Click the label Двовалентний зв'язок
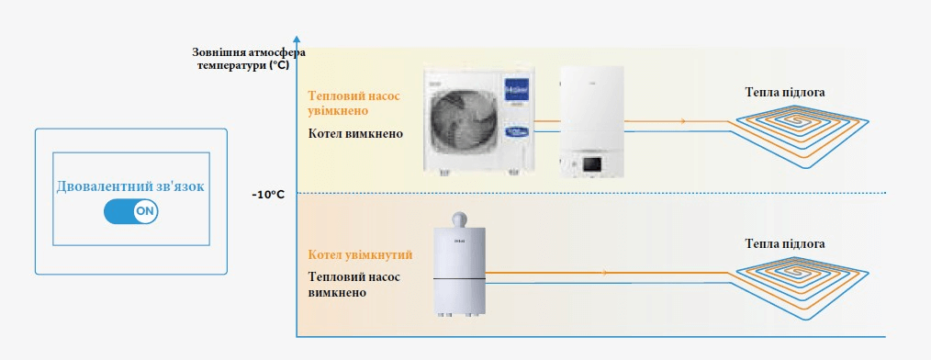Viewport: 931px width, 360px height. pos(130,186)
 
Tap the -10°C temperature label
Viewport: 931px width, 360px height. pos(269,194)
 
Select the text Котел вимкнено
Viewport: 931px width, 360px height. pos(354,133)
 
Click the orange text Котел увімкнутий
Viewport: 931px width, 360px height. pos(359,253)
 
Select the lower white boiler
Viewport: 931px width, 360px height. pos(458,266)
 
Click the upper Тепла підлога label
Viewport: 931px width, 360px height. pos(784,92)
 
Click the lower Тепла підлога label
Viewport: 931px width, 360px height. pos(784,243)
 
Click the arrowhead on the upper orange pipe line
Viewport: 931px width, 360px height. pos(682,121)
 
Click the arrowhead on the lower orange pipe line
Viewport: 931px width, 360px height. pos(604,273)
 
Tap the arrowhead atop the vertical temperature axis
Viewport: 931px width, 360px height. pos(297,39)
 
